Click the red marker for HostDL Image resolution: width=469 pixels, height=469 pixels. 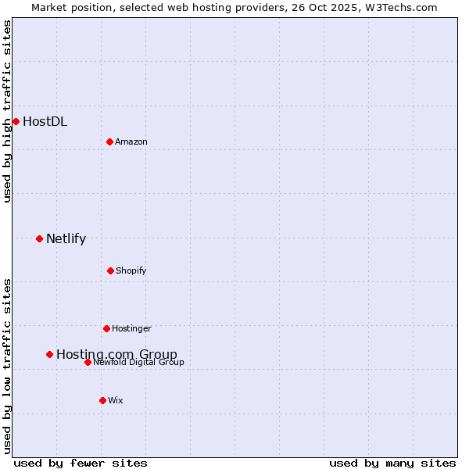(x=16, y=121)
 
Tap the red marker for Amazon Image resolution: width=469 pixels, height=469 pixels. (x=109, y=141)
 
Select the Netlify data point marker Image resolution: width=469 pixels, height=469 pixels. (x=39, y=238)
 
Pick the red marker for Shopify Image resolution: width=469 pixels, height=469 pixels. (x=110, y=270)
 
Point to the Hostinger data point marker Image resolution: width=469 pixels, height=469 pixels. (x=106, y=328)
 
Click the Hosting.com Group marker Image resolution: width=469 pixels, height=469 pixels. (x=49, y=354)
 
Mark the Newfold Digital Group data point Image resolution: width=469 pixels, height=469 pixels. (x=88, y=362)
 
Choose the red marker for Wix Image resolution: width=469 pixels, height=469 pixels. (x=102, y=400)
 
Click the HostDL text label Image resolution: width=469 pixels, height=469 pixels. (x=45, y=121)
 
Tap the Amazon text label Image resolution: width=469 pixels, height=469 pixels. (x=131, y=141)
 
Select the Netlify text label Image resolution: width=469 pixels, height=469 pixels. (x=66, y=238)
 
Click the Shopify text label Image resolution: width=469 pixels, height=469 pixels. (x=131, y=270)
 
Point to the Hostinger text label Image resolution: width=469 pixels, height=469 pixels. (x=131, y=328)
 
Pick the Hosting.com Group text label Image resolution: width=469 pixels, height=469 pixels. (x=116, y=354)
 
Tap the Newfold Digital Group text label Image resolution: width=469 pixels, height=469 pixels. (x=138, y=362)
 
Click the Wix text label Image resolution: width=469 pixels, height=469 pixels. (x=116, y=400)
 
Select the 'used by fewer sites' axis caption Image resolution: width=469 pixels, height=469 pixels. (x=81, y=463)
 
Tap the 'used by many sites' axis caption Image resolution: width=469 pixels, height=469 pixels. (x=392, y=463)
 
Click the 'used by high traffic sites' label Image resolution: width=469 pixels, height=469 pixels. (x=7, y=111)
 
